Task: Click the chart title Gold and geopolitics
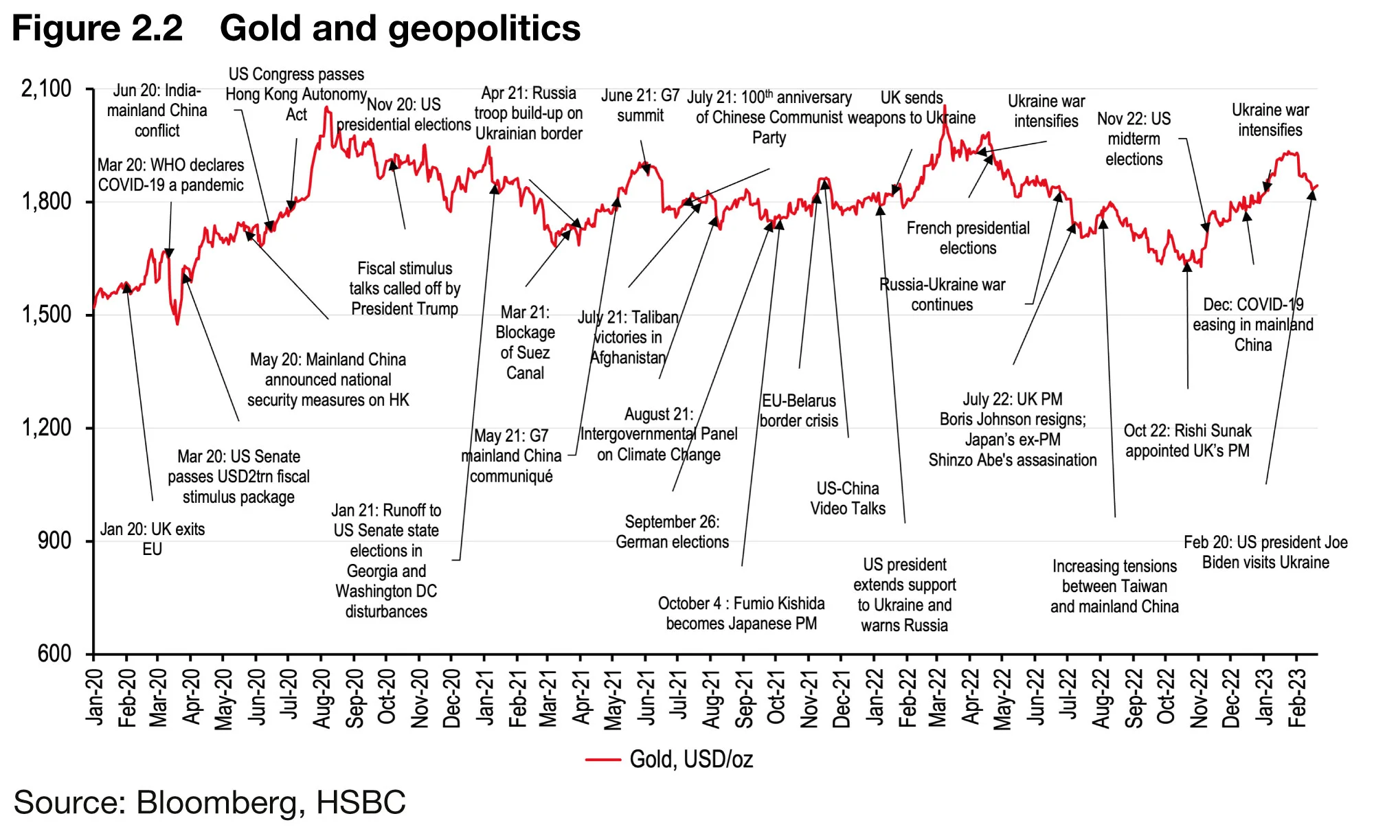pyautogui.click(x=400, y=29)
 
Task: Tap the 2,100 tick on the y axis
pyautogui.click(x=47, y=89)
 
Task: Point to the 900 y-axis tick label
pyautogui.click(x=55, y=541)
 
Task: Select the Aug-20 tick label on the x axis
pyautogui.click(x=322, y=698)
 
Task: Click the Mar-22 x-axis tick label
pyautogui.click(x=938, y=698)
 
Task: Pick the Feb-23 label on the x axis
pyautogui.click(x=1297, y=698)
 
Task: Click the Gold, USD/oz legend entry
pyautogui.click(x=690, y=759)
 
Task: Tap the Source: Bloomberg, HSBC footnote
pyautogui.click(x=210, y=802)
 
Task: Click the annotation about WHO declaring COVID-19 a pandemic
pyautogui.click(x=170, y=175)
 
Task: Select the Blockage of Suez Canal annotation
pyautogui.click(x=525, y=343)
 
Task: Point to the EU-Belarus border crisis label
pyautogui.click(x=798, y=411)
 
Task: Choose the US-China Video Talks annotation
pyautogui.click(x=848, y=499)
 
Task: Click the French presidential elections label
pyautogui.click(x=968, y=238)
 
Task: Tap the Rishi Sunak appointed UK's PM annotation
pyautogui.click(x=1187, y=441)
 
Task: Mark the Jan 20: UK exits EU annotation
pyautogui.click(x=153, y=539)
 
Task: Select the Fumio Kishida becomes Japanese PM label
pyautogui.click(x=741, y=613)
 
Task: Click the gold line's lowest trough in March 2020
pyautogui.click(x=177, y=324)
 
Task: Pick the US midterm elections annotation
pyautogui.click(x=1134, y=139)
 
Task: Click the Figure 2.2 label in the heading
pyautogui.click(x=98, y=29)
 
